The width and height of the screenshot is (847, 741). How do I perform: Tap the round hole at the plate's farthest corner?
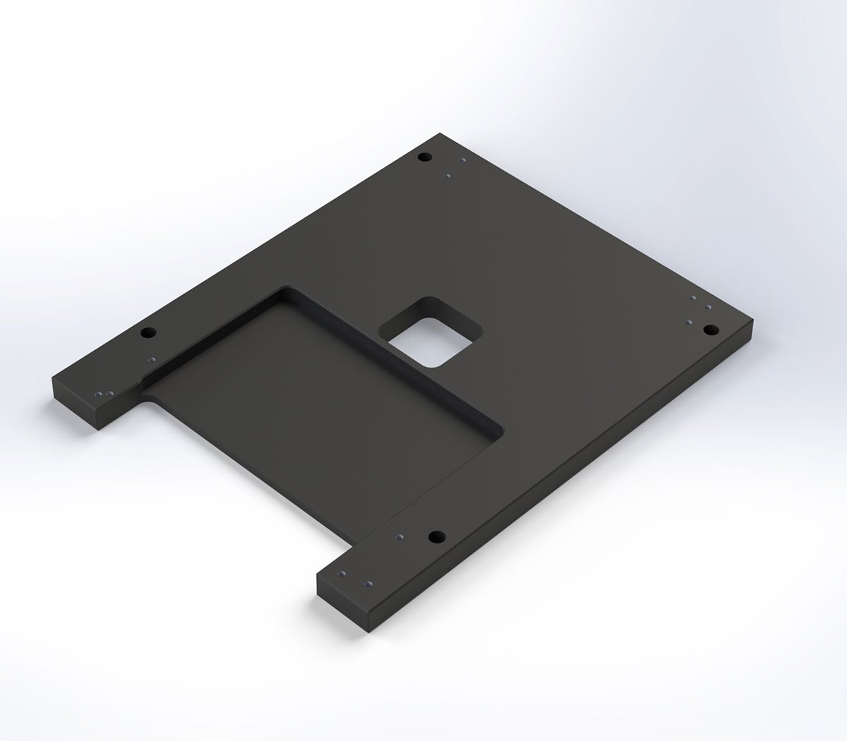[424, 157]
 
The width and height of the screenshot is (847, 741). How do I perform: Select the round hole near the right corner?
[710, 329]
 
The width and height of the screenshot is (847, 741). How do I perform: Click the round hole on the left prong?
[148, 332]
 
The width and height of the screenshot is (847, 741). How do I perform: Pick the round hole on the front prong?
[436, 536]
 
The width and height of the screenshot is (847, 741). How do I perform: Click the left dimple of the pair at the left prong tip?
[99, 393]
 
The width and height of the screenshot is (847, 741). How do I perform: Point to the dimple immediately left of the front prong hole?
[400, 537]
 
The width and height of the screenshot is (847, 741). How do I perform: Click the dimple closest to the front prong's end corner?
[342, 572]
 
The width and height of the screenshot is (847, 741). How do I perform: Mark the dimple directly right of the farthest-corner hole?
[462, 160]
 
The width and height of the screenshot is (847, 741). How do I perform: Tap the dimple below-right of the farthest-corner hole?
[447, 176]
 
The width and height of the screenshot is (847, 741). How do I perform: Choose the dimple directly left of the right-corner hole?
[687, 322]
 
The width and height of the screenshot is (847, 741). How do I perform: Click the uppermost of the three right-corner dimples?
[693, 299]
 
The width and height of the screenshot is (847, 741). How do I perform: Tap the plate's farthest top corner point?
[440, 133]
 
